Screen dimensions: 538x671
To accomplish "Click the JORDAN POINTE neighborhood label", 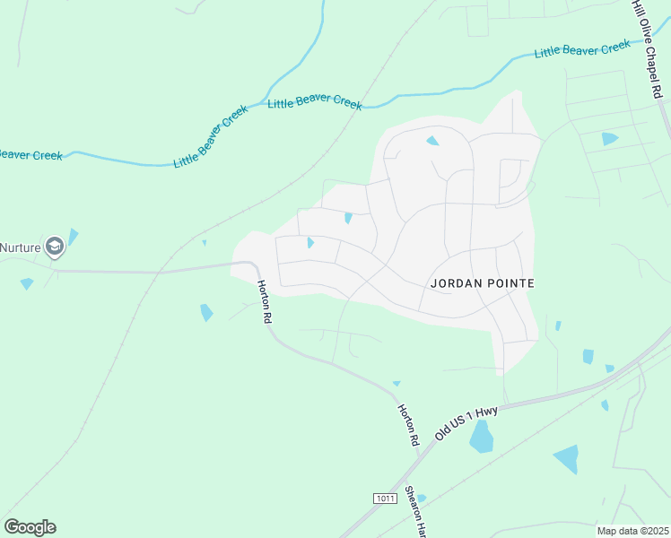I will click(483, 283).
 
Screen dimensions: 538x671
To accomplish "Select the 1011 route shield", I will click(384, 497).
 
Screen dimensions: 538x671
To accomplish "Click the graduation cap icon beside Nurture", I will click(56, 246).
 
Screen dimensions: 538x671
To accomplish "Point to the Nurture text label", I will click(22, 247).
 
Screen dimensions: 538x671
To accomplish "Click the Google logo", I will click(30, 527).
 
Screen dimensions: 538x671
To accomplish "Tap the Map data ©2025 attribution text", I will click(632, 531).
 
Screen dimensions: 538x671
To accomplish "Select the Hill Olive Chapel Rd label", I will click(648, 48).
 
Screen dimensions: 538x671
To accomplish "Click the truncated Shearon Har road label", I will click(414, 513).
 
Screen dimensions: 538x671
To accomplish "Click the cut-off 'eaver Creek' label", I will click(30, 154).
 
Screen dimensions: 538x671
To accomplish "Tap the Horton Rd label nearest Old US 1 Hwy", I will click(409, 425).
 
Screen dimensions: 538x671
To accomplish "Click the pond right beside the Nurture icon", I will click(73, 237).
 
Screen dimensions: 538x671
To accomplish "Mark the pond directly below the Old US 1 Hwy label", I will click(482, 437).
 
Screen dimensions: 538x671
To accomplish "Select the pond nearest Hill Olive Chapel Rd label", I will click(610, 139).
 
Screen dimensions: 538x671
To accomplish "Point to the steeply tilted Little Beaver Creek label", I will click(211, 142).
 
